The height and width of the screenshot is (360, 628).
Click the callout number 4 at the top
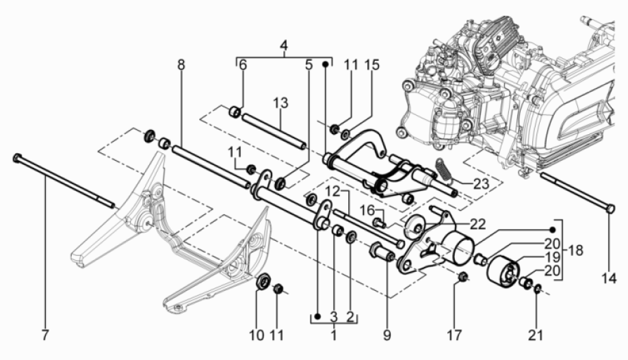pos(283,48)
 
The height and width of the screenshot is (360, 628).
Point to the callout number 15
pos(371,65)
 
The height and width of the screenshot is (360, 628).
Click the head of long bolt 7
pos(16,158)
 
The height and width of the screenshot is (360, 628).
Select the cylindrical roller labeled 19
pos(503,270)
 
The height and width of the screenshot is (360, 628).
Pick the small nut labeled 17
pos(463,277)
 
